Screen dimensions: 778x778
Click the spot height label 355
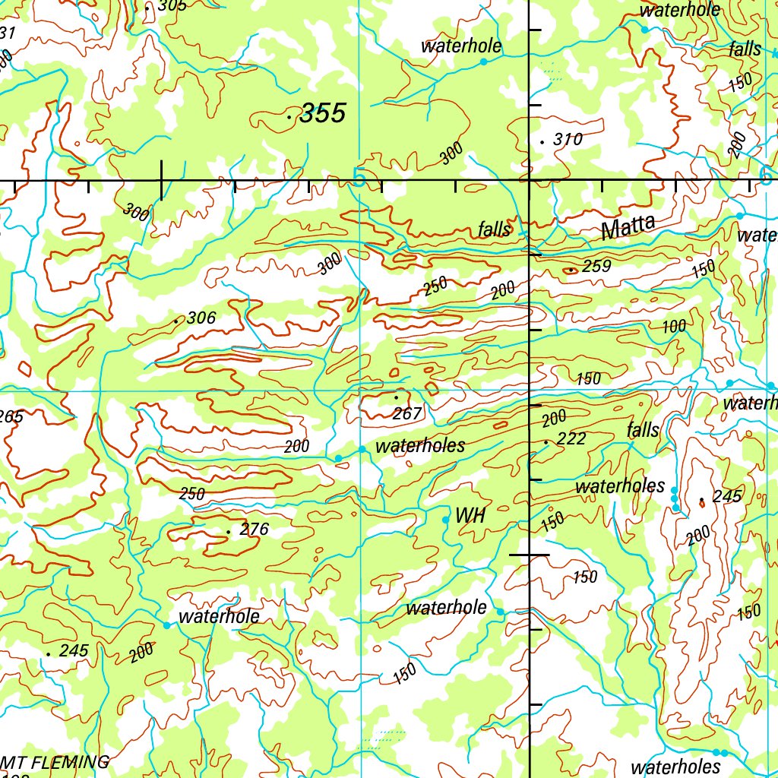[x=322, y=114]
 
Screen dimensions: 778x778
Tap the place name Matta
[x=628, y=228]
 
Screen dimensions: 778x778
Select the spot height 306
[x=201, y=318]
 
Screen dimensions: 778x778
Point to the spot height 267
[x=407, y=414]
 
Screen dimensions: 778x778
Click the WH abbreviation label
[x=470, y=516]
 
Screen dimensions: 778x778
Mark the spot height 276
[x=254, y=530]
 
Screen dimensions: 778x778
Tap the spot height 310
[x=567, y=139]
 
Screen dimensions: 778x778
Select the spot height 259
[x=596, y=267]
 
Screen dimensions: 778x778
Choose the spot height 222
[x=571, y=438]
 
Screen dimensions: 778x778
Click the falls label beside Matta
[x=495, y=229]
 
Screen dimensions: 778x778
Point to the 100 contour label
[x=673, y=327]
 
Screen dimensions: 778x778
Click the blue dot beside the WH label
[x=445, y=520]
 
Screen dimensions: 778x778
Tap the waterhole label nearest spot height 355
[x=461, y=46]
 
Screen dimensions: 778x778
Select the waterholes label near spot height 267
[x=419, y=446]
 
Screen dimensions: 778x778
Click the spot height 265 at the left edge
[x=11, y=416]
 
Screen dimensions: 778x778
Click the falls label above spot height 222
[x=643, y=430]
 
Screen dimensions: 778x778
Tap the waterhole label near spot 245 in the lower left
[x=218, y=617]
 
